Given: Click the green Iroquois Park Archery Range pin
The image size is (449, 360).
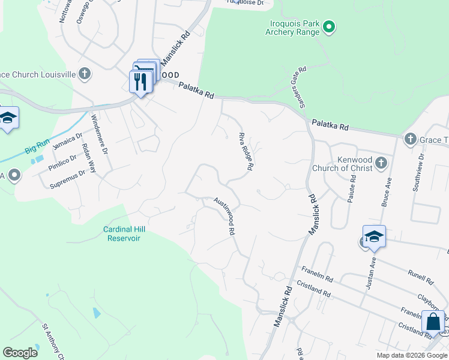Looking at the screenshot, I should pos(328,26).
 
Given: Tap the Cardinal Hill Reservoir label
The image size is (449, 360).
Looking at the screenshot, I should pos(124,233).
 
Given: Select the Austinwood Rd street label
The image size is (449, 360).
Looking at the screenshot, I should pos(223,215).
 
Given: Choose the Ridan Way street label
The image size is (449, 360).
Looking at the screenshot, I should pos(88,158).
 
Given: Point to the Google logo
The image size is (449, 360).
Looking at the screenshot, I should pos(20,353).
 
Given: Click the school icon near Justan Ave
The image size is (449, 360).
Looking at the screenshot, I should pos(373,237).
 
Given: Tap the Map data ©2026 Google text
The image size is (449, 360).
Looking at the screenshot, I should pos(411,355).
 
